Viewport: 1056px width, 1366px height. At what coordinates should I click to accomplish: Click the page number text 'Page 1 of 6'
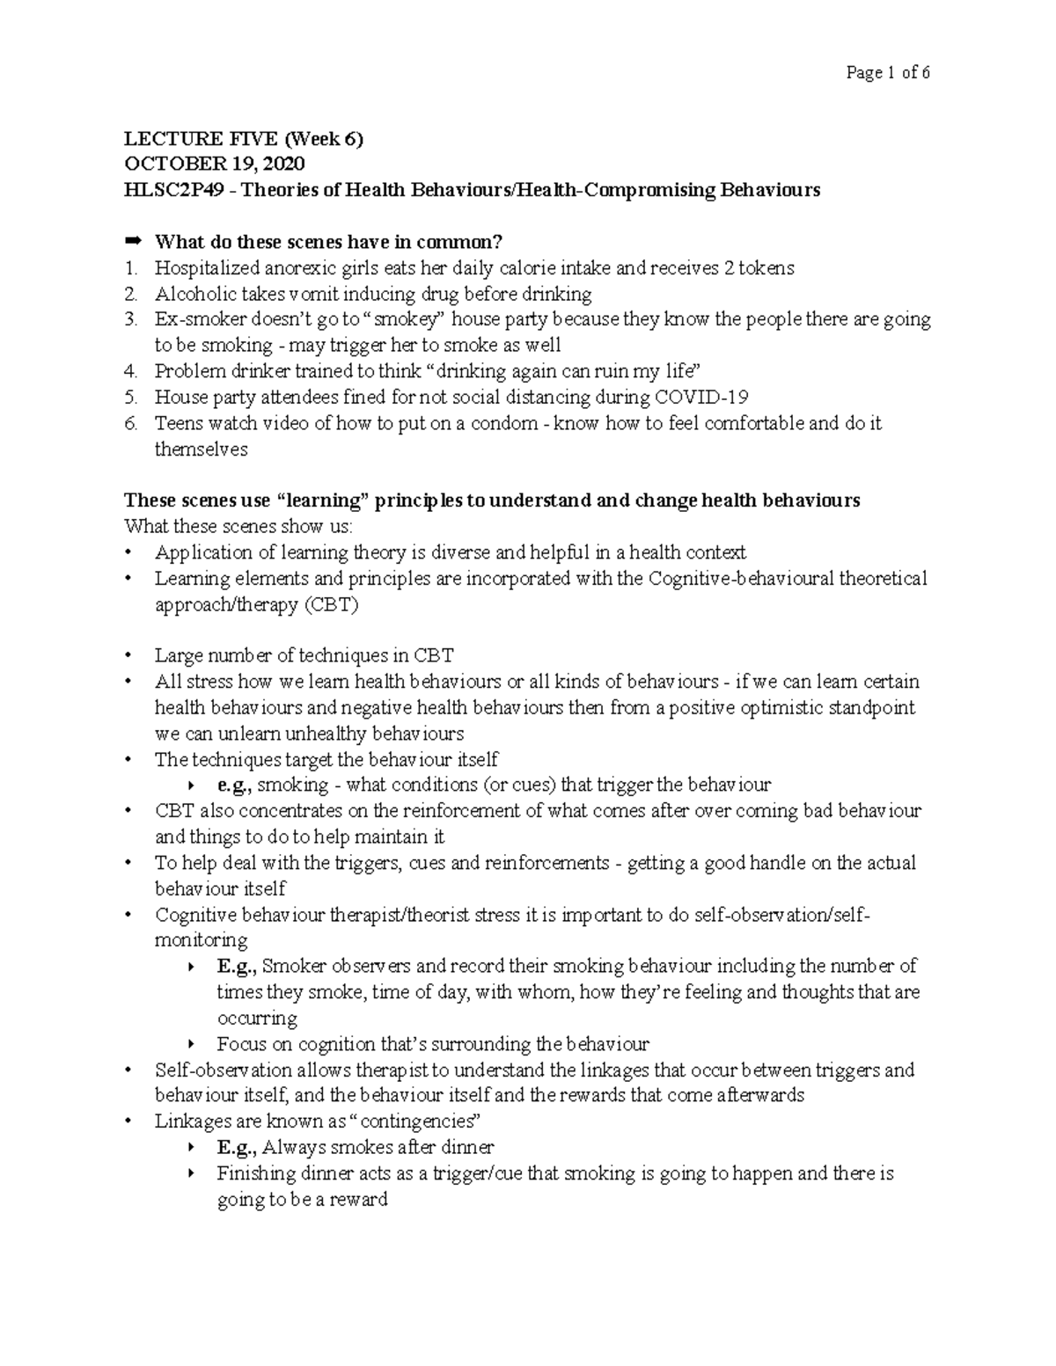click(887, 73)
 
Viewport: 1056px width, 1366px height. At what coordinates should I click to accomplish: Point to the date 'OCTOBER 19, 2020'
click(215, 164)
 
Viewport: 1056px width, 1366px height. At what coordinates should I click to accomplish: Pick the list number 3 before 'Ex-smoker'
click(131, 319)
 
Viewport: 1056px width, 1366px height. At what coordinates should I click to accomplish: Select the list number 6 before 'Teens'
click(131, 423)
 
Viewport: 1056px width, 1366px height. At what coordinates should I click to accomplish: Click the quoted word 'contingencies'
click(418, 1121)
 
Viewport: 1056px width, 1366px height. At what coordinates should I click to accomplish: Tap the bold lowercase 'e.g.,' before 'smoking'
click(235, 785)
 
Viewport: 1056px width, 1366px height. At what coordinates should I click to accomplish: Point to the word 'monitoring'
click(202, 940)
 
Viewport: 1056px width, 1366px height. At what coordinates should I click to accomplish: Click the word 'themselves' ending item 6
click(202, 449)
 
